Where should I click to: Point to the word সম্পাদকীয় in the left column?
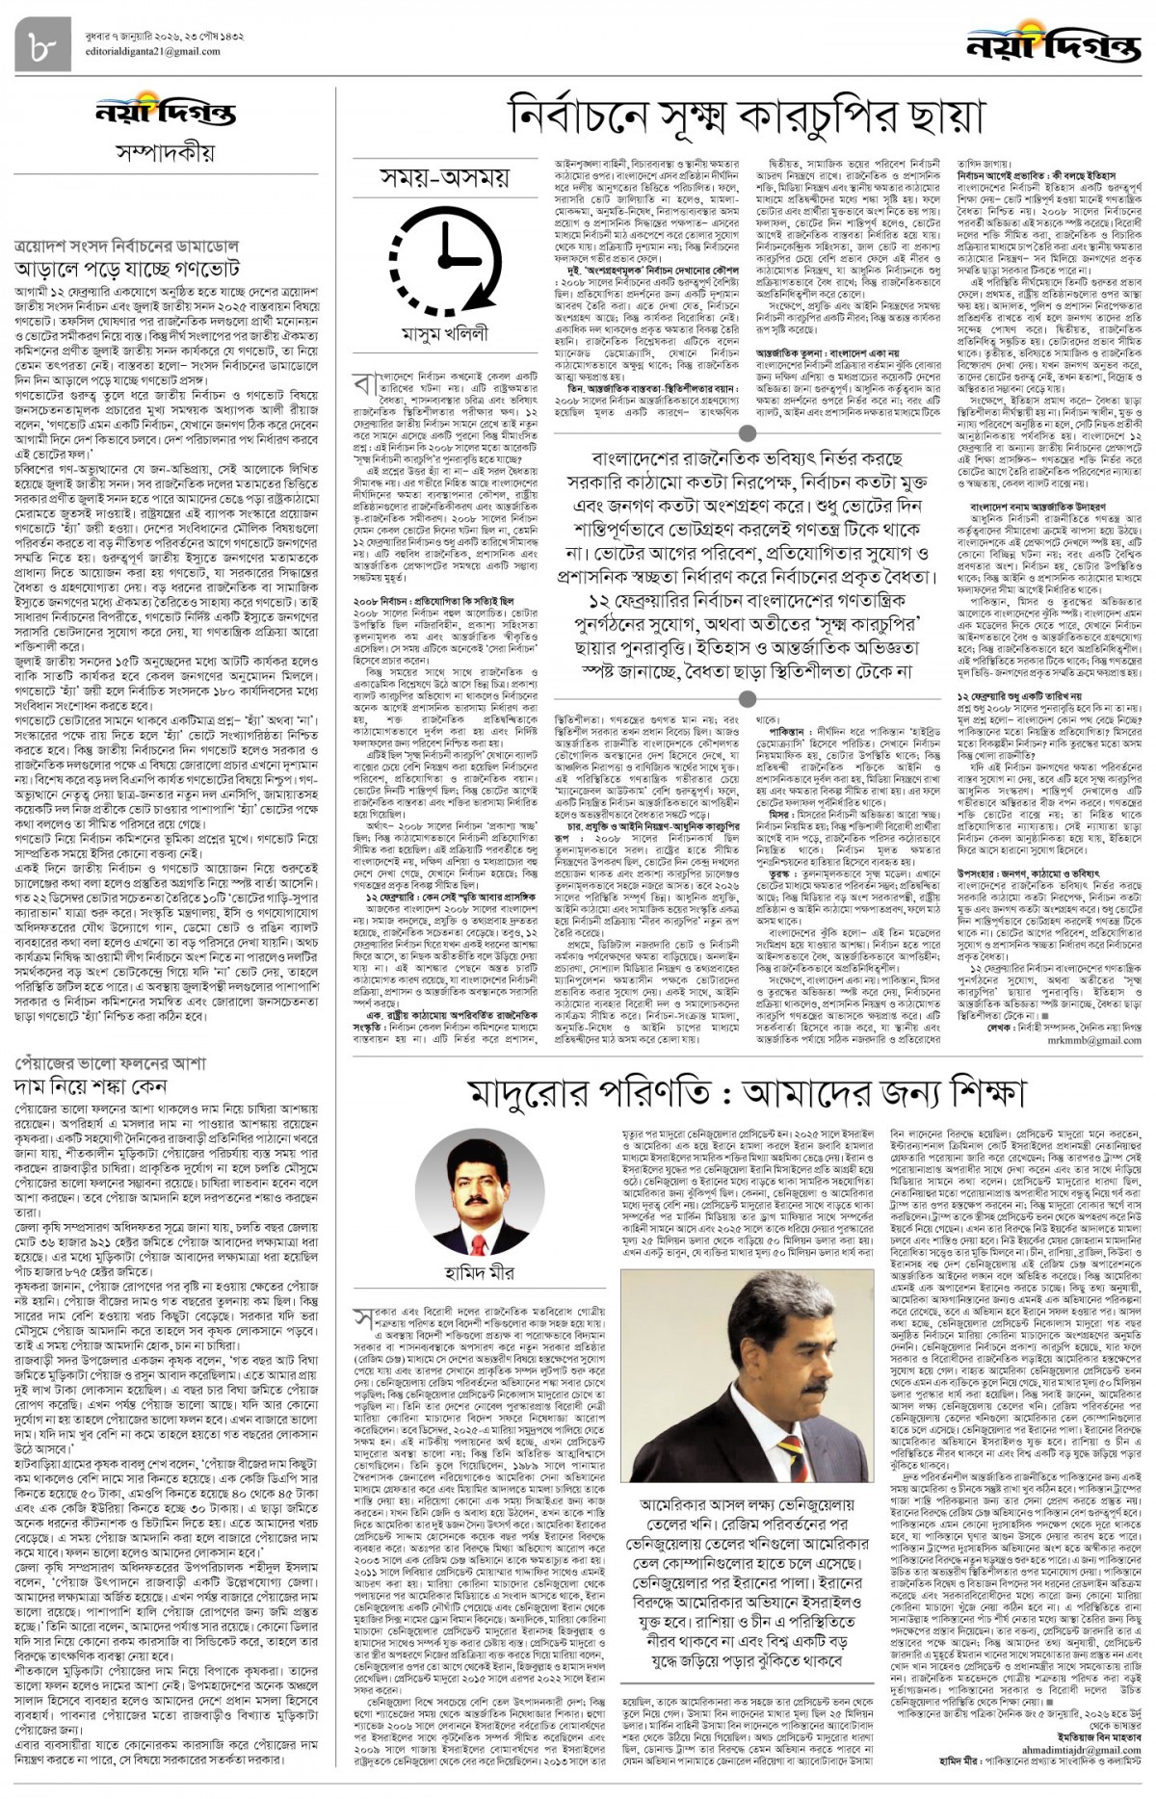tap(165, 152)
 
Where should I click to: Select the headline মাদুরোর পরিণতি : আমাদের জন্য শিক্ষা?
tap(747, 1092)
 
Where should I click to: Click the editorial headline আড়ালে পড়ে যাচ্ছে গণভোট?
tap(127, 268)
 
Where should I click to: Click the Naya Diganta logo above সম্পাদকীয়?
tap(165, 113)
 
